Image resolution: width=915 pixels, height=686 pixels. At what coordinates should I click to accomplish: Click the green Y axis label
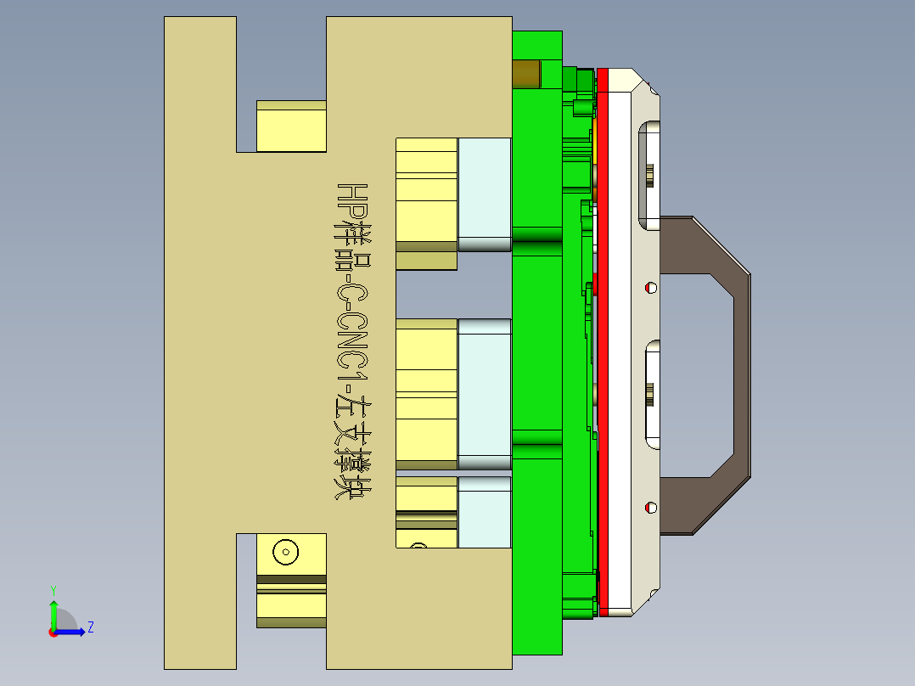53,589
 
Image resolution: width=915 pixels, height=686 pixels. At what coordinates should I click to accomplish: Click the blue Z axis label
90,627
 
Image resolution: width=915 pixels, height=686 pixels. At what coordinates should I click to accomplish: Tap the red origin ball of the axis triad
53,632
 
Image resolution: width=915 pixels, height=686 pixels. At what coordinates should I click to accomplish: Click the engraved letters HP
350,198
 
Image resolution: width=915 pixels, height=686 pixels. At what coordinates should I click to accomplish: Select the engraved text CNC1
350,340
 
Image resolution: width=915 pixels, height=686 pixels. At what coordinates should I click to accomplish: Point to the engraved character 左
350,413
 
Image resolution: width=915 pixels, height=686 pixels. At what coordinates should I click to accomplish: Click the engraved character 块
350,485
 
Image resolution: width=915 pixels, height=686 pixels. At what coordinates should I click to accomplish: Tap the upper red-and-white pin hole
651,287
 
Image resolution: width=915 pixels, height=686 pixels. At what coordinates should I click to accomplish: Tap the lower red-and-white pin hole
651,508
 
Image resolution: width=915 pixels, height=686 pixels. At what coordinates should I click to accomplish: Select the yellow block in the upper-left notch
291,127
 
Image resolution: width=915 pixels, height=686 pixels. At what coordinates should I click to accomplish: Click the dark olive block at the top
526,74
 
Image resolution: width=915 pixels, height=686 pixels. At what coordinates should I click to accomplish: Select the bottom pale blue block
485,512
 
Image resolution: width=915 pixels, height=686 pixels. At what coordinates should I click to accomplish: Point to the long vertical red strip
603,340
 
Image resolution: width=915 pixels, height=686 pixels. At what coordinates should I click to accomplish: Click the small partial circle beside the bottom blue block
418,545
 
